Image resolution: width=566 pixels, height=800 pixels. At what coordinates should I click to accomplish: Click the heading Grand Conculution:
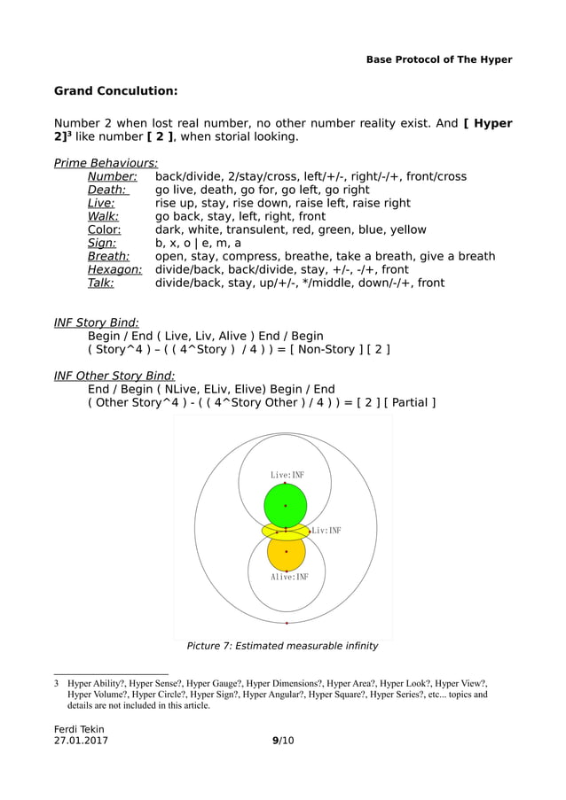click(x=115, y=90)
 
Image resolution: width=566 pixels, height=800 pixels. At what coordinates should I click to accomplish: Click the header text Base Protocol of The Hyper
click(x=439, y=59)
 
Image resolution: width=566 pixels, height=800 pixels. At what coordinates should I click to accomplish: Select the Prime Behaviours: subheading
click(x=106, y=163)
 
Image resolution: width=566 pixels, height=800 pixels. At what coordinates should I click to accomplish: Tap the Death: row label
click(x=107, y=190)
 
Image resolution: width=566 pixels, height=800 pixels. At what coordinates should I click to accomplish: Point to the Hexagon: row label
click(x=114, y=269)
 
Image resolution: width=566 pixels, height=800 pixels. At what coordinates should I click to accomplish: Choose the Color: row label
click(x=104, y=229)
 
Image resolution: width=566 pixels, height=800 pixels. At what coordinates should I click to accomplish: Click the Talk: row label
click(x=100, y=283)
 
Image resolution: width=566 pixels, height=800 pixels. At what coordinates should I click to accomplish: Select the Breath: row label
click(x=108, y=256)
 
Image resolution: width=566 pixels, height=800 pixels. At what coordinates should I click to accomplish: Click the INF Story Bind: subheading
click(x=97, y=322)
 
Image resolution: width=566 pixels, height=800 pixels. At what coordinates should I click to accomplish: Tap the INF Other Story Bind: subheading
click(x=114, y=376)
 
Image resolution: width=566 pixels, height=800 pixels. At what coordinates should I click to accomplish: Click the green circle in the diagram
click(x=285, y=504)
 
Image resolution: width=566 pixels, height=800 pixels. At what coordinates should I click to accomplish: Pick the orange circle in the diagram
click(x=286, y=553)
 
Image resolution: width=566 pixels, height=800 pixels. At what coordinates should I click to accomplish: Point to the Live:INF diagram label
click(x=287, y=475)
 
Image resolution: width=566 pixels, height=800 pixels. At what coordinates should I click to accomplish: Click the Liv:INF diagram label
click(x=326, y=531)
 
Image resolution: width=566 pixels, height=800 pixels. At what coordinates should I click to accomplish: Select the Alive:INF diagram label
click(x=290, y=577)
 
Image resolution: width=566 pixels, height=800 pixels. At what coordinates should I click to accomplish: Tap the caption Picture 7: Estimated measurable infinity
click(x=282, y=646)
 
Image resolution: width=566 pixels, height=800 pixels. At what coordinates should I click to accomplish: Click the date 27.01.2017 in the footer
click(x=82, y=741)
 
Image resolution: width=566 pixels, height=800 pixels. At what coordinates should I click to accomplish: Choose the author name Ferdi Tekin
click(x=79, y=729)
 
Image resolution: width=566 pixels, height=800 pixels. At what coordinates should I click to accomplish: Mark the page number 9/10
click(x=283, y=741)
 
